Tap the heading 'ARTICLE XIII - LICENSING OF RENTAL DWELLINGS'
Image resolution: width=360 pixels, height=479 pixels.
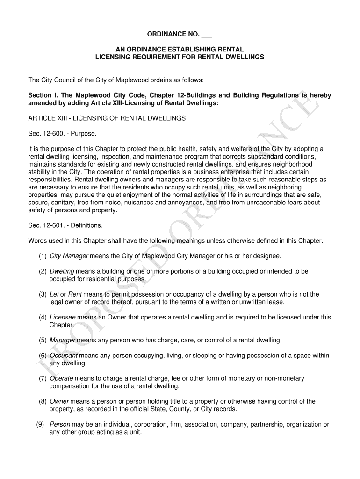tap(107, 118)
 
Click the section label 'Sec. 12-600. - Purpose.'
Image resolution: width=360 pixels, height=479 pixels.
tap(63, 134)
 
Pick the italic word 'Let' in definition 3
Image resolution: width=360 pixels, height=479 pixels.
tap(54, 294)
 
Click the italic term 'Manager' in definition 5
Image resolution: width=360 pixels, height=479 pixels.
tap(62, 340)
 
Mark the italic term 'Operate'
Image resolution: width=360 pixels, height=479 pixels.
tap(61, 378)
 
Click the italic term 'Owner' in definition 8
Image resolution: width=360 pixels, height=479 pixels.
tap(59, 401)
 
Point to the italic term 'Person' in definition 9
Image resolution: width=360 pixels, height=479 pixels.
tap(60, 425)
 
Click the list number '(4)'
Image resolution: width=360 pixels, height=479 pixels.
tap(43, 317)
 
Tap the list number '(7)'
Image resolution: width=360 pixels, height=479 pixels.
tap(43, 378)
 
